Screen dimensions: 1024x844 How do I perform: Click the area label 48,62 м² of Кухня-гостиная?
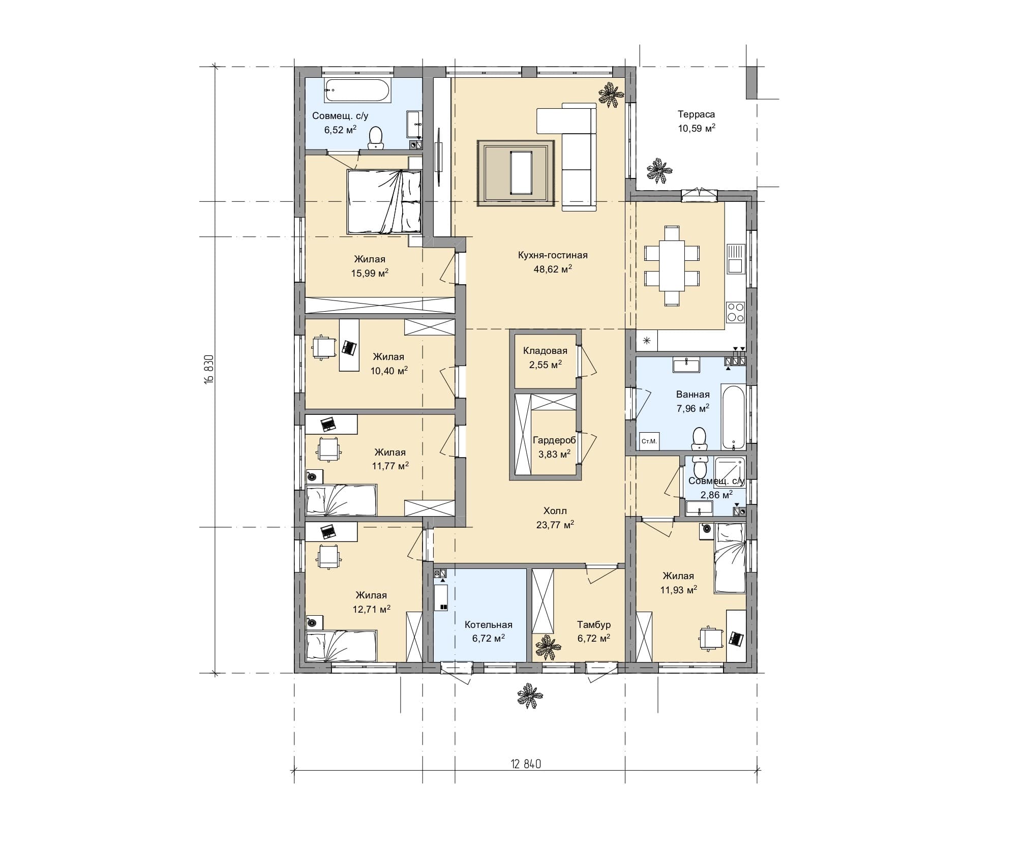coord(553,269)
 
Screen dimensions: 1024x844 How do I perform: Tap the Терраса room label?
coord(696,114)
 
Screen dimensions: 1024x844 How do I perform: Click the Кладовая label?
coord(545,351)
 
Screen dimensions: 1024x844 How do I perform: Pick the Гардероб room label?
coord(554,440)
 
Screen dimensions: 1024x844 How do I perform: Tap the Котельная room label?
coord(489,625)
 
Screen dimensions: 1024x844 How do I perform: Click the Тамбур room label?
coord(594,625)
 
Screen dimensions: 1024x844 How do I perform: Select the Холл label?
coord(555,511)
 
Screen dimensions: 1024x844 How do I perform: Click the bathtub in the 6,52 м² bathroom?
coord(357,91)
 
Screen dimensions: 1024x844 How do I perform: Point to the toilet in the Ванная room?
coord(700,439)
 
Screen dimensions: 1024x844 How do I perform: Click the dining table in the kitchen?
coord(672,266)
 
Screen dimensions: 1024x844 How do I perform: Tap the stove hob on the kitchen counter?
coord(735,312)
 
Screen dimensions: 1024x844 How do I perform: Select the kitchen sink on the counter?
coord(735,259)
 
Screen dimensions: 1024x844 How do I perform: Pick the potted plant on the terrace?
coord(659,171)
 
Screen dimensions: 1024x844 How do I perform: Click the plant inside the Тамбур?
coord(548,647)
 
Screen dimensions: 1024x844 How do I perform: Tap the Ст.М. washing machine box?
coord(649,441)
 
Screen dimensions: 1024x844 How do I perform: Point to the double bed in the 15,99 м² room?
coord(384,202)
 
